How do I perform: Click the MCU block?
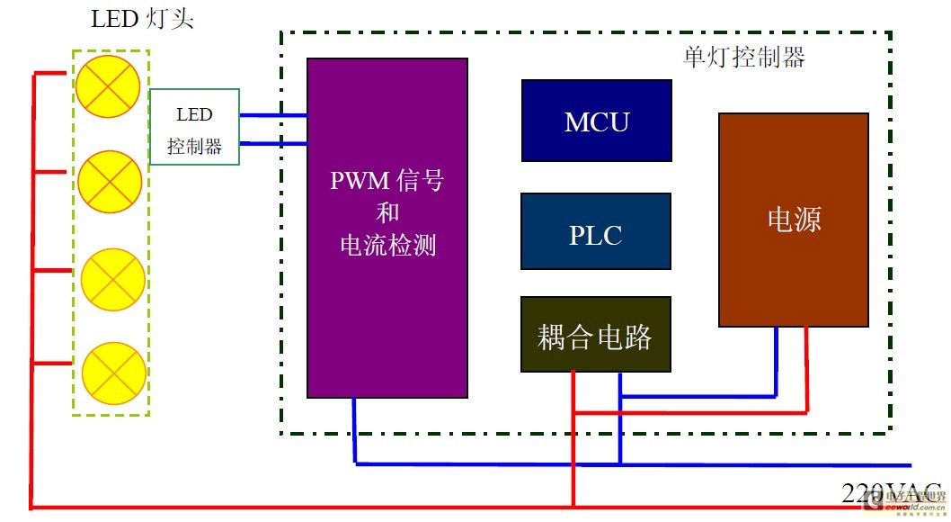pyautogui.click(x=596, y=121)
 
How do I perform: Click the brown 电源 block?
pyautogui.click(x=793, y=220)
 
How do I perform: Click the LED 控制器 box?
pyautogui.click(x=194, y=127)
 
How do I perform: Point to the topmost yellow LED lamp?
pyautogui.click(x=107, y=85)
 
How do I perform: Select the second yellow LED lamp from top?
pyautogui.click(x=110, y=182)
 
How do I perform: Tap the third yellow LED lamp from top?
pyautogui.click(x=113, y=279)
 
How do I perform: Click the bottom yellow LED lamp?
pyautogui.click(x=113, y=372)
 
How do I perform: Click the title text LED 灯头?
pyautogui.click(x=142, y=19)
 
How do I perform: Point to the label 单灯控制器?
pyautogui.click(x=743, y=58)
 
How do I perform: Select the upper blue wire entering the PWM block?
pyautogui.click(x=273, y=115)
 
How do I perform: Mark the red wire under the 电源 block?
pyautogui.click(x=806, y=369)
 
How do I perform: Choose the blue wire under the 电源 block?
pyautogui.click(x=777, y=360)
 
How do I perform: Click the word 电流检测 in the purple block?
pyautogui.click(x=387, y=245)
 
